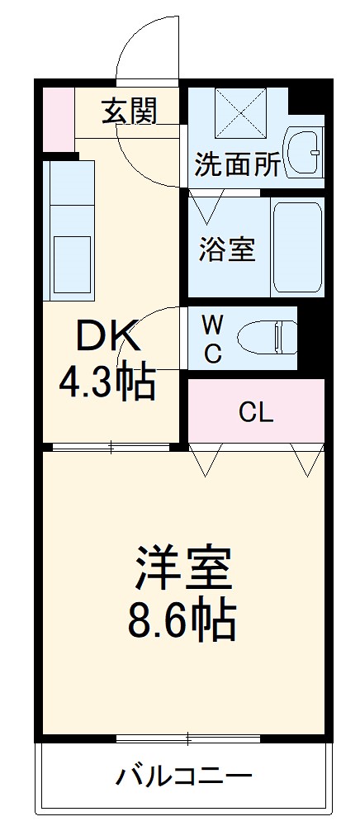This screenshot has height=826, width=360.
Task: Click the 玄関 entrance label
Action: coord(129,111)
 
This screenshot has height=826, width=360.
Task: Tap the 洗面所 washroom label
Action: coord(237,164)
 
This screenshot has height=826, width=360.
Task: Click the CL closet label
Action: coord(255,411)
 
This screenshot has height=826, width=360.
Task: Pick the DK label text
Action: coord(107,336)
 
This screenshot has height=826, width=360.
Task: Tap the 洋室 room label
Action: coord(181,568)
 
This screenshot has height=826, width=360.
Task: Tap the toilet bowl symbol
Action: coord(266,337)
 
